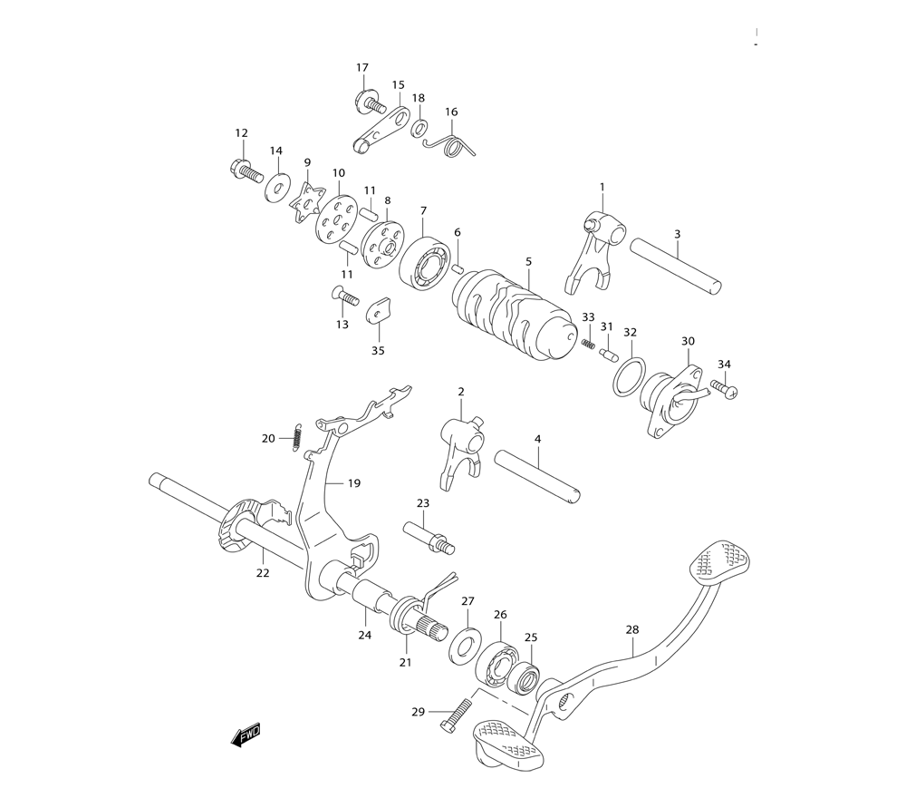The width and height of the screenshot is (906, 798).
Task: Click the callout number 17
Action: click(362, 68)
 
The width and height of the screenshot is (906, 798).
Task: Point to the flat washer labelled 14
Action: click(278, 187)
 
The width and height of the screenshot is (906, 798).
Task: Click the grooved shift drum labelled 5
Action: click(515, 314)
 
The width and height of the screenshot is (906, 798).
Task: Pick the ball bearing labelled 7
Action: click(425, 262)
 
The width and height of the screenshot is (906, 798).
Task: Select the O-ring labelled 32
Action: click(630, 376)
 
